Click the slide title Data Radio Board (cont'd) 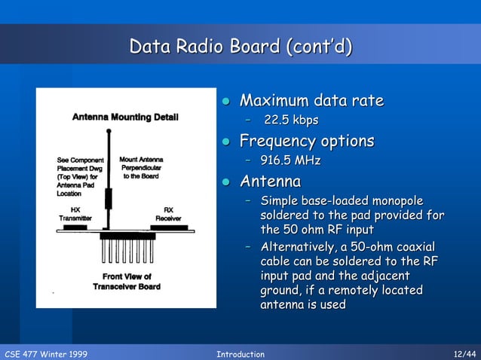click(x=240, y=47)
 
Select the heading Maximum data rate click(x=311, y=101)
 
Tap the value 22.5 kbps click(x=291, y=121)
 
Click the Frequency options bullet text click(x=306, y=141)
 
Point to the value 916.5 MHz click(x=290, y=160)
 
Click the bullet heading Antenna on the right click(x=270, y=182)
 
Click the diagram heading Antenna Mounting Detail click(x=125, y=117)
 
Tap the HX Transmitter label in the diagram click(x=75, y=214)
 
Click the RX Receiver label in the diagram click(x=168, y=214)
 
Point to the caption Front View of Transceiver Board click(x=127, y=282)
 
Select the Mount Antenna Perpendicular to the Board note click(x=141, y=168)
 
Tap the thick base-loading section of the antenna click(x=108, y=199)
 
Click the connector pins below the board click(x=127, y=248)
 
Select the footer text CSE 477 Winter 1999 click(x=46, y=354)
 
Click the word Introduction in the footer click(x=240, y=354)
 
